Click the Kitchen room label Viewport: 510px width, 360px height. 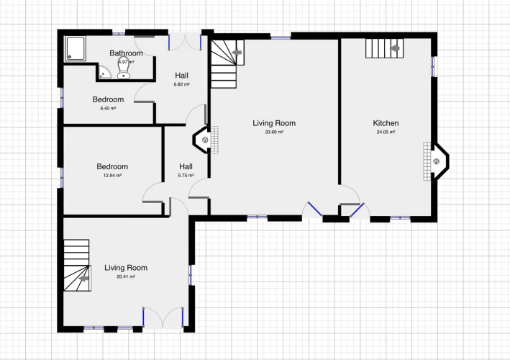(x=386, y=123)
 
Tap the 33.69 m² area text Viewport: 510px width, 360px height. (x=274, y=132)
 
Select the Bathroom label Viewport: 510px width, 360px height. (x=126, y=53)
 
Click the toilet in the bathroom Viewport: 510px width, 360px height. (x=124, y=68)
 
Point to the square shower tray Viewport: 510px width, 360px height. (x=76, y=48)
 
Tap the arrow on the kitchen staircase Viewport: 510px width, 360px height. (x=395, y=48)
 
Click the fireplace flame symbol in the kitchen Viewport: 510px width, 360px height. (x=437, y=161)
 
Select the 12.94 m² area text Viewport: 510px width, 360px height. (x=112, y=176)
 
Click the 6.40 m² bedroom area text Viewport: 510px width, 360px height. (x=108, y=109)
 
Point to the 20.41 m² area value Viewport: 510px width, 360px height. (x=126, y=276)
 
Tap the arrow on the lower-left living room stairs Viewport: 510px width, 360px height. (x=84, y=279)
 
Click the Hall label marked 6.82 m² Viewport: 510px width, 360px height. (x=181, y=76)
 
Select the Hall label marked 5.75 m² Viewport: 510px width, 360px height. (x=186, y=166)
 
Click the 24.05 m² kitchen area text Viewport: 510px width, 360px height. (x=386, y=132)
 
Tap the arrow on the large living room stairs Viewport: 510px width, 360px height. (x=237, y=53)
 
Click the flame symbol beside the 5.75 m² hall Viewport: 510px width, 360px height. (x=205, y=140)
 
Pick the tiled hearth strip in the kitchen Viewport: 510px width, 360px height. (x=427, y=161)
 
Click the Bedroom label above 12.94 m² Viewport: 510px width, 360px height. (x=112, y=166)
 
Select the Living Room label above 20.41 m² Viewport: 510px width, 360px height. (x=126, y=268)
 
